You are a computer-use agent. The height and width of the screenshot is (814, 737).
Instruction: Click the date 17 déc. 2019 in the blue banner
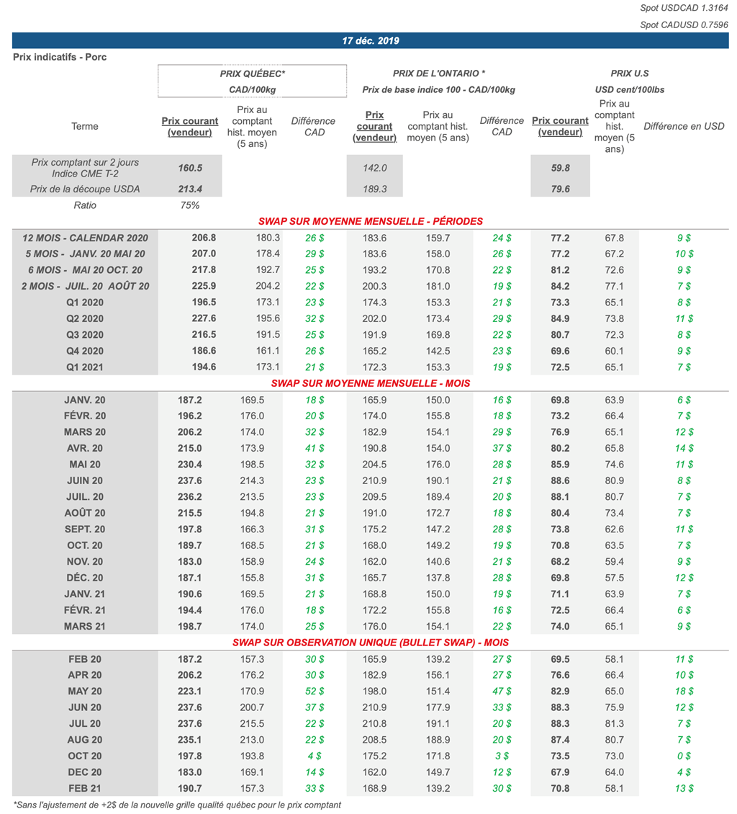(x=371, y=41)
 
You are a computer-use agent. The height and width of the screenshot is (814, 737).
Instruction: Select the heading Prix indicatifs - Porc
(x=60, y=57)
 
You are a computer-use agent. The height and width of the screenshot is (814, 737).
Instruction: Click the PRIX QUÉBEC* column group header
(x=253, y=73)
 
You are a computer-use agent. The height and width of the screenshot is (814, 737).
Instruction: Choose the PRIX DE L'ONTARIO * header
(x=439, y=73)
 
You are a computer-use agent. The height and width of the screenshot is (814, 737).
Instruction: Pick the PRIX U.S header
(x=630, y=73)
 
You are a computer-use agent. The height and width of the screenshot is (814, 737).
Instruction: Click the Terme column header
(x=85, y=127)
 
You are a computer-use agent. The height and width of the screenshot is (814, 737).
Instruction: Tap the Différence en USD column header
(x=684, y=127)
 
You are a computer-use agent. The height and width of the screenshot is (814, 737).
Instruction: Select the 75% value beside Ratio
(x=190, y=205)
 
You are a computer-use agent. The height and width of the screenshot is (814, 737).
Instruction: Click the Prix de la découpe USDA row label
(x=85, y=189)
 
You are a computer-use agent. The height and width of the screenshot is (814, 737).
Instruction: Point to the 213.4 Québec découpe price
(x=190, y=189)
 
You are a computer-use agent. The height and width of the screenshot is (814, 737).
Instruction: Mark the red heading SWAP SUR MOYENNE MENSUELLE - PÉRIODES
(x=371, y=221)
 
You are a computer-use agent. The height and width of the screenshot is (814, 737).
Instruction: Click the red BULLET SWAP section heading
(x=371, y=643)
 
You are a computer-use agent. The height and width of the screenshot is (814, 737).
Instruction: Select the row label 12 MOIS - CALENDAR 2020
(x=85, y=238)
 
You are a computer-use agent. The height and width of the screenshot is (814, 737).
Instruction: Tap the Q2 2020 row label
(x=85, y=318)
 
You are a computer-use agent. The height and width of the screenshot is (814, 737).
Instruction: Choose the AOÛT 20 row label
(x=85, y=513)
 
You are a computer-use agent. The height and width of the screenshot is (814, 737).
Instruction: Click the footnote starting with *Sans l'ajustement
(x=177, y=805)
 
